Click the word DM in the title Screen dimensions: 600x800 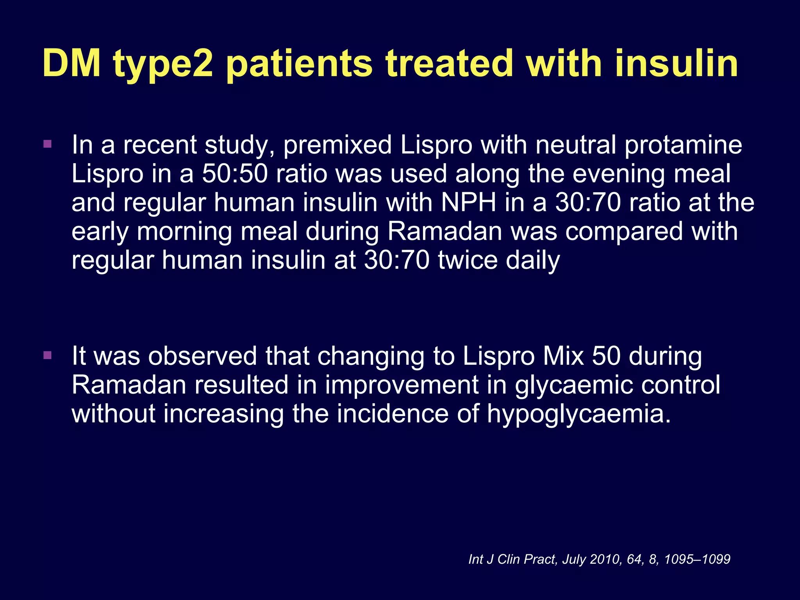point(72,63)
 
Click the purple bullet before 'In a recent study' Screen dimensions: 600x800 point(48,144)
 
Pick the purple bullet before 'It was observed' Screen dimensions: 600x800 point(48,355)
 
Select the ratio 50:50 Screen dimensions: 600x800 point(235,174)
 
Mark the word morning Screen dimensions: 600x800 point(184,232)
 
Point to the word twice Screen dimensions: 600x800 point(467,261)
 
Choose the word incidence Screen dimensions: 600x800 point(393,414)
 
